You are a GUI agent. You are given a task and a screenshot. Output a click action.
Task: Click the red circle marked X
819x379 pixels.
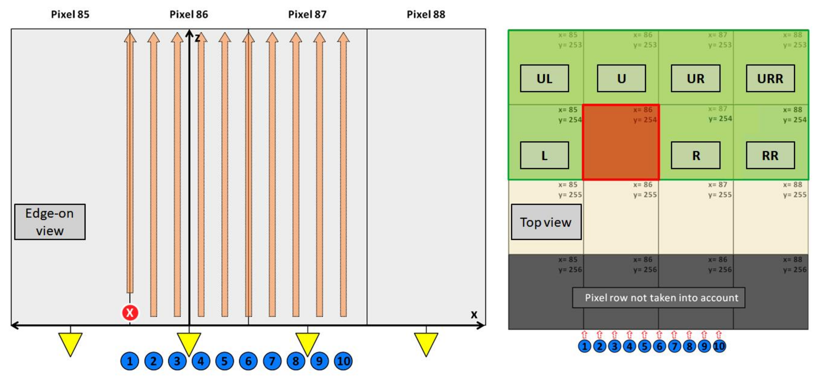[x=130, y=312]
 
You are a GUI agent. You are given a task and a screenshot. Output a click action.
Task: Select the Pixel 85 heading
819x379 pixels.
[x=70, y=14]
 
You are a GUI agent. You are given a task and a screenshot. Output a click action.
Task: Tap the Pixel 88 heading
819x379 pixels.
[x=426, y=14]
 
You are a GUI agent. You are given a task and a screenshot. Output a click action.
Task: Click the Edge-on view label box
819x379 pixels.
[x=50, y=222]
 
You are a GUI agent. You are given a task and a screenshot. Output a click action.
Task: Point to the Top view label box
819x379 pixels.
[x=546, y=222]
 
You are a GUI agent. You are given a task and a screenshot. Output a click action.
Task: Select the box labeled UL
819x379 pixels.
[x=544, y=78]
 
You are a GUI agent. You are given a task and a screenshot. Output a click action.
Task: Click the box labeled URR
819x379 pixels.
[x=770, y=78]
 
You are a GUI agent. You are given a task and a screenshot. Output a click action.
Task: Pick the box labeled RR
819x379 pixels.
[x=770, y=156]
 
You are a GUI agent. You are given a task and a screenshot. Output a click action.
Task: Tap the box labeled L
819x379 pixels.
[x=544, y=156]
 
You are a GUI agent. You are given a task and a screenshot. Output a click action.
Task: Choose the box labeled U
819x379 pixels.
[x=621, y=78]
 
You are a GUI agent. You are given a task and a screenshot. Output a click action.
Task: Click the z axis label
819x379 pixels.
[x=197, y=38]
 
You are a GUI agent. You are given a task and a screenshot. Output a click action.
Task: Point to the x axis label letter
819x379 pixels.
[x=474, y=315]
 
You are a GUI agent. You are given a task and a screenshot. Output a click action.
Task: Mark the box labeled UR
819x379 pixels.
[x=696, y=78]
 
